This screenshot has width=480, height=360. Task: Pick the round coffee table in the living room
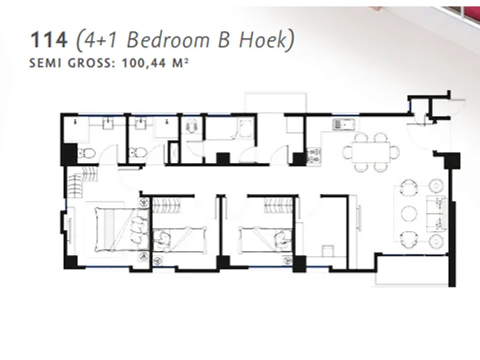[408, 213]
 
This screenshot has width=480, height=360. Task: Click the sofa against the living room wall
[437, 213]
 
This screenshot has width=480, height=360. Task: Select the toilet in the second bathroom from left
[138, 153]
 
